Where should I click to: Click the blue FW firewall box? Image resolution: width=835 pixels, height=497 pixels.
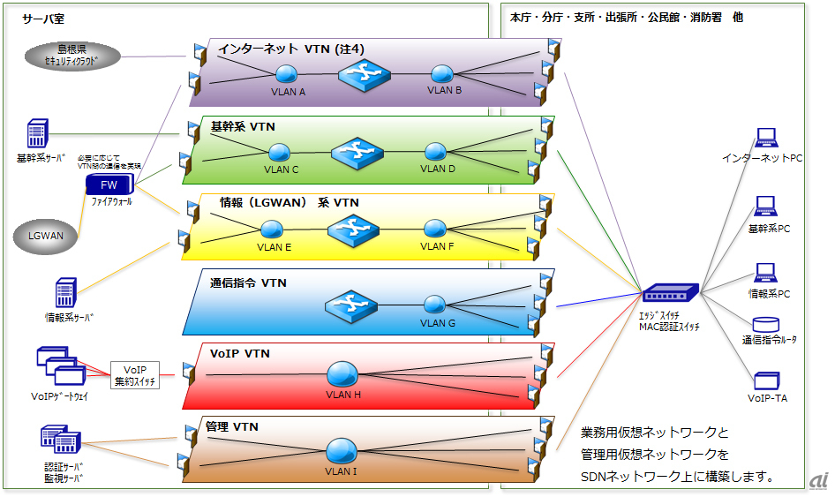click(x=109, y=185)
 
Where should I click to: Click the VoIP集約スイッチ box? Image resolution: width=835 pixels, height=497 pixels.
click(x=135, y=375)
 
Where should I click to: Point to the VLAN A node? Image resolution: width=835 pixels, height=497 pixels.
click(x=285, y=74)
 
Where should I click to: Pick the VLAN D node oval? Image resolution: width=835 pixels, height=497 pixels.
click(x=435, y=152)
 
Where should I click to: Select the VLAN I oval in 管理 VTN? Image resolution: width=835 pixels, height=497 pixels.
click(x=341, y=452)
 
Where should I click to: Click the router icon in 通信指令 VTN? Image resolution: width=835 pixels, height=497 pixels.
click(x=350, y=306)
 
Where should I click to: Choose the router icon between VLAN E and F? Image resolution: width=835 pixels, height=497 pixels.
click(x=353, y=230)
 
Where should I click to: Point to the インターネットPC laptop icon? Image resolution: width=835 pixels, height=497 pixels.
click(x=764, y=139)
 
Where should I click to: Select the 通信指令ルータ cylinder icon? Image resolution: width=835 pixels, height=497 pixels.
click(x=764, y=325)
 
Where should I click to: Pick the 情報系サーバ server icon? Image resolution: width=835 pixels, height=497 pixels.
click(x=66, y=292)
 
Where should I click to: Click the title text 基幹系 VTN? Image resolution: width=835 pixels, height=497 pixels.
click(x=244, y=126)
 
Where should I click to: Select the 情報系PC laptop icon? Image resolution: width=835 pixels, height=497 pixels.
click(x=764, y=273)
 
